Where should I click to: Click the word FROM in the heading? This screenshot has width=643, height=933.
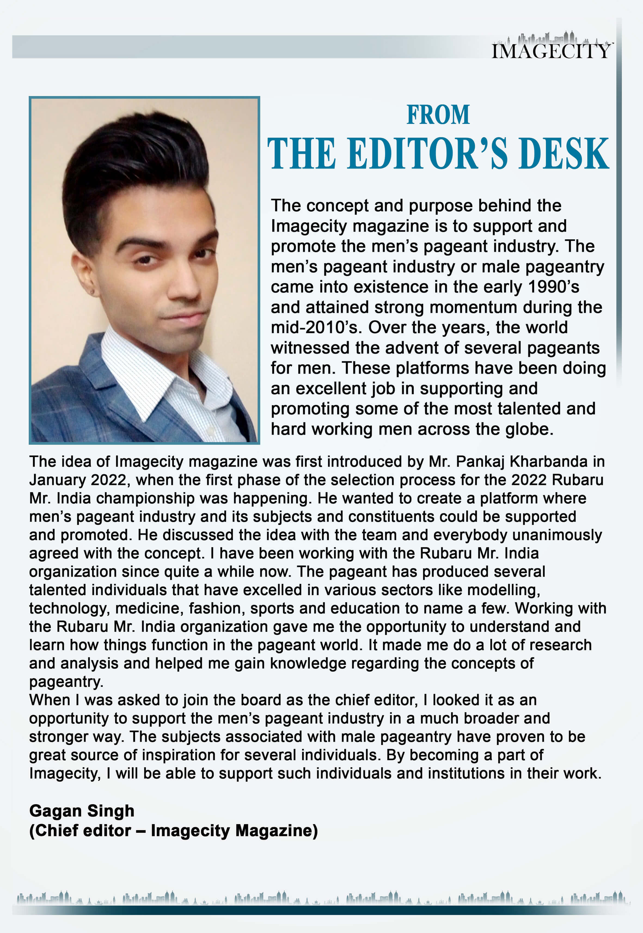pyautogui.click(x=438, y=115)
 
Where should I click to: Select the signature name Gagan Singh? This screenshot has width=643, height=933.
pyautogui.click(x=82, y=811)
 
